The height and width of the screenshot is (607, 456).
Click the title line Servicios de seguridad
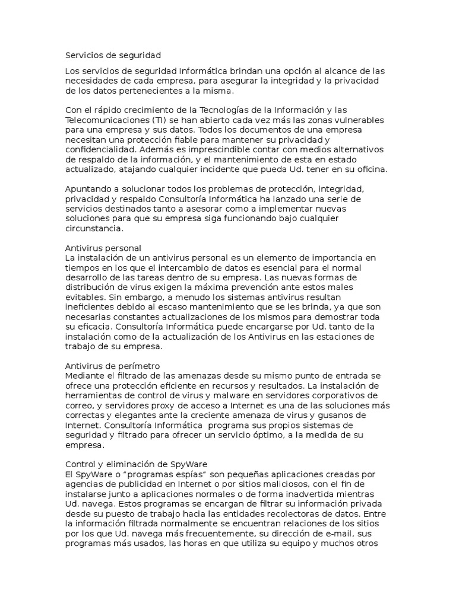click(112, 56)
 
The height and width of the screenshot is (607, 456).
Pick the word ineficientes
click(90, 308)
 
